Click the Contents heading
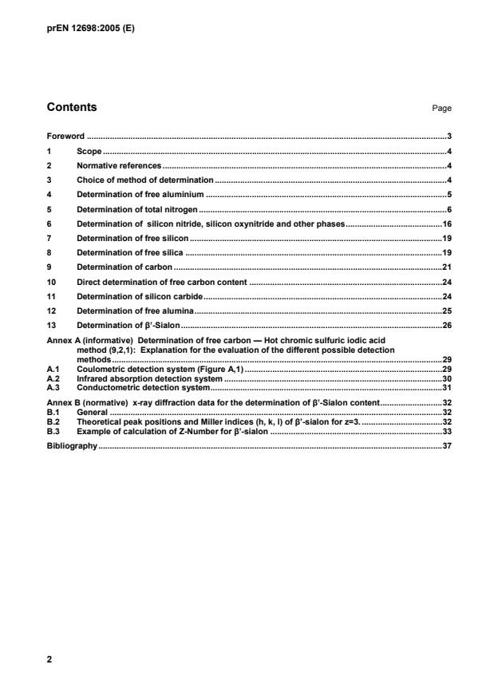point(73,107)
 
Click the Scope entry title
point(89,151)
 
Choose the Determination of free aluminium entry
point(140,194)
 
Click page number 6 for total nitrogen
point(450,209)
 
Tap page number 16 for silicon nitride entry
point(448,223)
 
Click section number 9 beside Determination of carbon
point(50,267)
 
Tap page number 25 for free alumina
point(448,310)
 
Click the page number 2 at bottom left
point(50,661)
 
